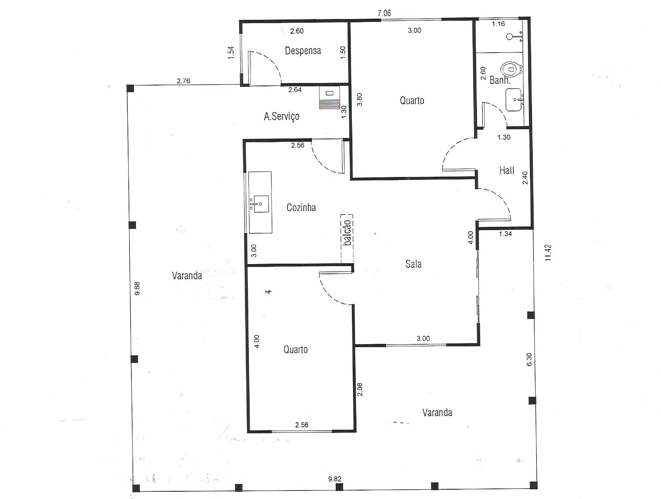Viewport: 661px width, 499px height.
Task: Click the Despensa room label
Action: tap(303, 51)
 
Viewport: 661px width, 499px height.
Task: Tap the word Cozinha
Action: tap(301, 207)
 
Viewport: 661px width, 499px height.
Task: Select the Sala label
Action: tap(413, 264)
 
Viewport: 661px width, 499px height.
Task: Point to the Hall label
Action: tap(507, 171)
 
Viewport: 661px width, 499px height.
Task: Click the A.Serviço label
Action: tap(282, 116)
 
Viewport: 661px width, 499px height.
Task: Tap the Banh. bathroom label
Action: tap(500, 80)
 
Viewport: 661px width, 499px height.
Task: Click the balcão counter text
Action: tap(347, 232)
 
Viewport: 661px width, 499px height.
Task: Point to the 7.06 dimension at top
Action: tap(384, 13)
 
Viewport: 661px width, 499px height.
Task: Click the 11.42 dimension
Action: tap(548, 253)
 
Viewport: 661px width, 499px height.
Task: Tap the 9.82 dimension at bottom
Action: tap(335, 479)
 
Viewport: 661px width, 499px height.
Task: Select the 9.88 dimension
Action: tap(137, 288)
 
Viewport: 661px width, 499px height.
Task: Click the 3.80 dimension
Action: tap(359, 100)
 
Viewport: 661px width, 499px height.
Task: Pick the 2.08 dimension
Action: tap(359, 390)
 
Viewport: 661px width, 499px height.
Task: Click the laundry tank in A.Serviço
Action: tap(329, 97)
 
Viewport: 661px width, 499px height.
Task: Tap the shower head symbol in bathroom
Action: tap(509, 37)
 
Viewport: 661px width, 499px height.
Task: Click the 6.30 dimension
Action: tap(529, 359)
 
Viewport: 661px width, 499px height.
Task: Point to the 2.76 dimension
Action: tap(183, 81)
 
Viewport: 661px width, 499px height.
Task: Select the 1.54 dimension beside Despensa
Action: tap(231, 53)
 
